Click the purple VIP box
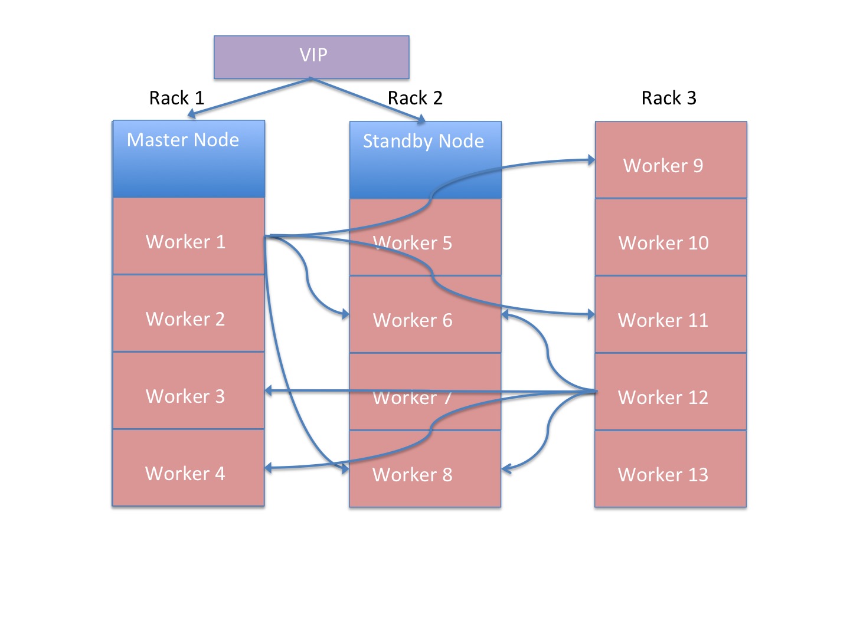[311, 57]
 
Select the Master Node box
[188, 159]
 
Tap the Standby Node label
[423, 142]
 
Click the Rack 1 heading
[176, 98]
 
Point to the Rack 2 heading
[415, 98]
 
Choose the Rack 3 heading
[669, 98]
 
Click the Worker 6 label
[413, 320]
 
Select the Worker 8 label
[413, 475]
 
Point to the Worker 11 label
[663, 320]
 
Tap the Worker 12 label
[663, 398]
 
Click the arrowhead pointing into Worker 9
[591, 159]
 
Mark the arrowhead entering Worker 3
[269, 390]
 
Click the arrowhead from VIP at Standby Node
[421, 120]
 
